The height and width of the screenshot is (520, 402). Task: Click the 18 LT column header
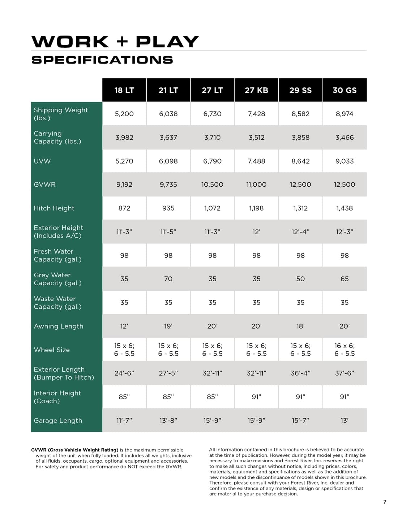(x=124, y=90)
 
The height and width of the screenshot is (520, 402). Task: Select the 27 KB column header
(x=256, y=90)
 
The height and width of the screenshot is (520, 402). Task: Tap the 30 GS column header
(x=345, y=90)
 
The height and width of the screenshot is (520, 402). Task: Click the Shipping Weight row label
(x=61, y=114)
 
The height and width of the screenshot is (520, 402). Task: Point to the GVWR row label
(x=44, y=185)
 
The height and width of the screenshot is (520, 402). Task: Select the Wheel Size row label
(x=52, y=350)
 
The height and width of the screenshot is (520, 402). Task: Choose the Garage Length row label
(x=58, y=420)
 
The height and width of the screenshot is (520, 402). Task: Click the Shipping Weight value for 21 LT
(x=168, y=114)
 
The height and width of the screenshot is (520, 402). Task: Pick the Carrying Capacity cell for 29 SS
(x=300, y=138)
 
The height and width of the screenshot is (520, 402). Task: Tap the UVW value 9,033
(x=345, y=161)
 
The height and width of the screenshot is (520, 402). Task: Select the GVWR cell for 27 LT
(x=212, y=185)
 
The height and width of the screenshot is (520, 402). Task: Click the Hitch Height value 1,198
(x=256, y=208)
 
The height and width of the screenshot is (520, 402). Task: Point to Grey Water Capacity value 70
(x=168, y=279)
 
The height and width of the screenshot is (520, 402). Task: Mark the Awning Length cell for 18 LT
(x=124, y=326)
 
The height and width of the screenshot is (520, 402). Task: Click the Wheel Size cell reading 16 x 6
(x=345, y=346)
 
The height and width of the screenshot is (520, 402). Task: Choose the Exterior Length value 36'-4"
(x=300, y=373)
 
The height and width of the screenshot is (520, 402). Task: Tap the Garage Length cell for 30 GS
(x=345, y=420)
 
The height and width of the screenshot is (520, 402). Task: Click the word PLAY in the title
(x=167, y=42)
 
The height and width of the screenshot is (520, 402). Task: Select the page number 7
(x=385, y=502)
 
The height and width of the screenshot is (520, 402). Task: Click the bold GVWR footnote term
(x=74, y=450)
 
